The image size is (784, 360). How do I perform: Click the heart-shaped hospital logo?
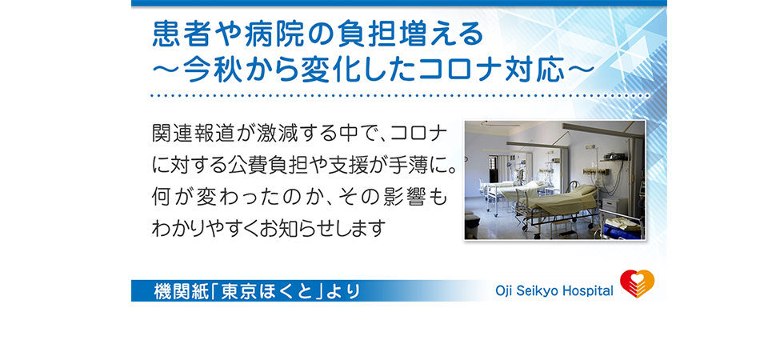pos(637,284)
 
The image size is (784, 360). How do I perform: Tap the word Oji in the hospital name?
pos(503,290)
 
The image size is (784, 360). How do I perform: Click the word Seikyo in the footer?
pos(537,290)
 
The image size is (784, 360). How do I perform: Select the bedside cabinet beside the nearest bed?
pos(610,205)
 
